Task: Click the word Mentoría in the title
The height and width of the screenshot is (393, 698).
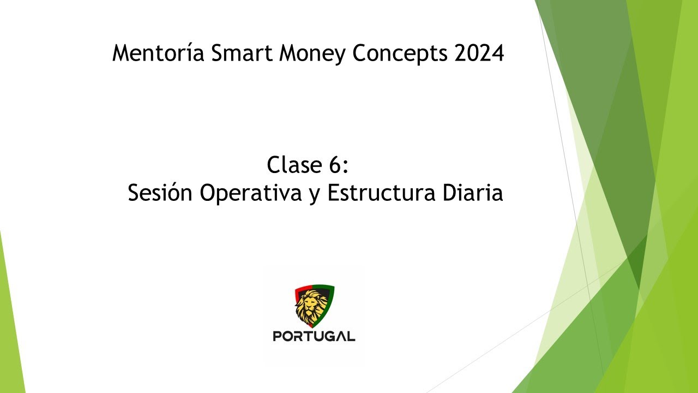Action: [155, 53]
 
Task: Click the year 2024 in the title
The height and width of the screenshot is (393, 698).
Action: [479, 53]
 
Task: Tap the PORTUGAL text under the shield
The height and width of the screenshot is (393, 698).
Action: [314, 336]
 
